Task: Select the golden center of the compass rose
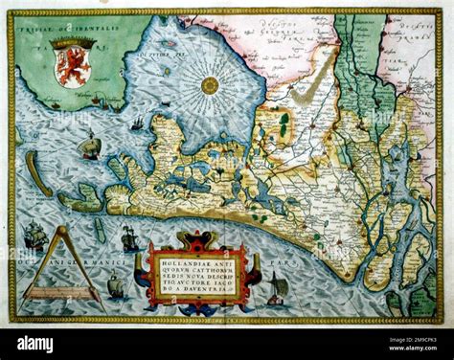pos(210,85)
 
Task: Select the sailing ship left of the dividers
pos(34,236)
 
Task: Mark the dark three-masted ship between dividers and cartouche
pos(129,238)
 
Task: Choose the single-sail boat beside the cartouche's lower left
pos(116,284)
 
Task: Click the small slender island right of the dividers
pos(100,231)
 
